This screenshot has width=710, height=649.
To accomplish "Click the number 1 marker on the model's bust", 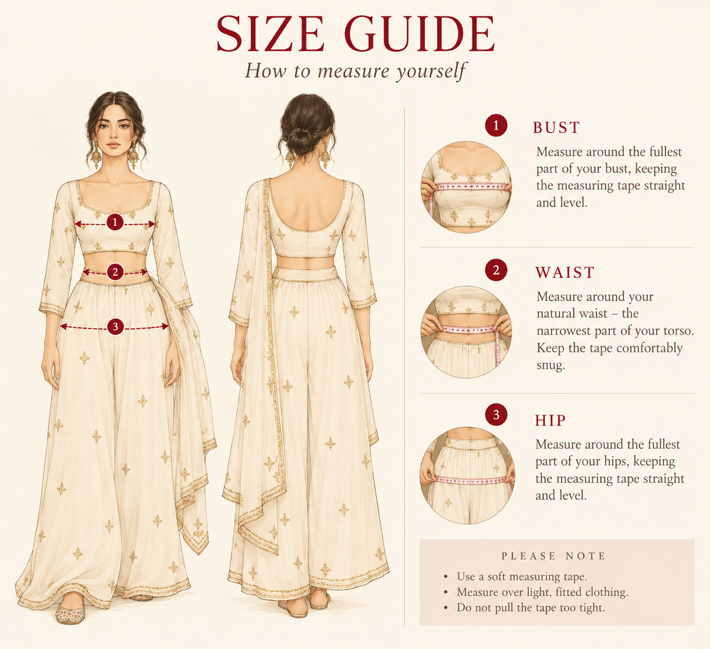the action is tap(115, 222).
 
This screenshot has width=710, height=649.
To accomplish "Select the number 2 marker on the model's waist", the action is tap(115, 272).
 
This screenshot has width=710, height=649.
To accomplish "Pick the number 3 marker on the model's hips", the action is tap(115, 326).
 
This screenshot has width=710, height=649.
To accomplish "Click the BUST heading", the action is tap(556, 127).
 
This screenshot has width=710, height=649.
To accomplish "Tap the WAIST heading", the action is tap(564, 273).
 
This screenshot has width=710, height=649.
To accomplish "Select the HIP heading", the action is tap(550, 420).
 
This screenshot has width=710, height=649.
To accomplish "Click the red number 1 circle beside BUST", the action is tap(496, 125).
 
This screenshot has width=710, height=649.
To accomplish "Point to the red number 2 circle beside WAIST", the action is tap(496, 270).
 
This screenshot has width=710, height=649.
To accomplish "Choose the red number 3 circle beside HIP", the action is tap(496, 414).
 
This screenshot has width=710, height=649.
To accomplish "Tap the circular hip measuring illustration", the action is tap(467, 474).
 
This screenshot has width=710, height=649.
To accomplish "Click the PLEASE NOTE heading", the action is tap(554, 556).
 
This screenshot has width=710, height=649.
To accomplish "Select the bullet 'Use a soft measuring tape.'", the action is tap(522, 576).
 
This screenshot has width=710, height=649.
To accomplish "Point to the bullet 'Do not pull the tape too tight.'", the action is tap(531, 608).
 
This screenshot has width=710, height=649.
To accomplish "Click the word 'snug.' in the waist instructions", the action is tap(551, 366).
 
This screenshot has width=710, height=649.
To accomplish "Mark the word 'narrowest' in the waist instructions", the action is tap(563, 331).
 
